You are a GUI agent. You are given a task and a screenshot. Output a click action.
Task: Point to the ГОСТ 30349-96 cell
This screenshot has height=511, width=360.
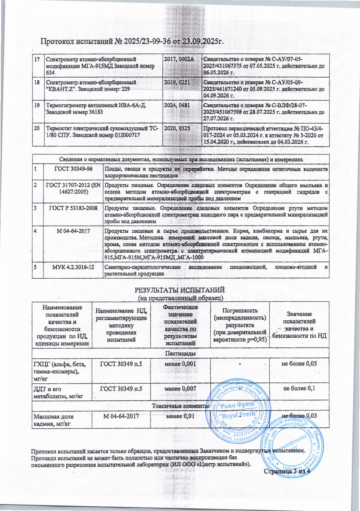73,169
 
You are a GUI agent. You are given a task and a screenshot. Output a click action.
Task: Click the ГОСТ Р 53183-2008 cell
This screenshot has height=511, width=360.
73,208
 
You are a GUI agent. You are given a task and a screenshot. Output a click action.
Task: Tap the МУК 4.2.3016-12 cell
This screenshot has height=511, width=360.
73,267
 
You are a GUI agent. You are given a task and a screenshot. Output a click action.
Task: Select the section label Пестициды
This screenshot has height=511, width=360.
180,353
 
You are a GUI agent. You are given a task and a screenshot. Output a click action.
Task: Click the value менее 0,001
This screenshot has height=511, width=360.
180,363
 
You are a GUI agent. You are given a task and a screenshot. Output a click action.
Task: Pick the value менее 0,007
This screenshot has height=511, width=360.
180,388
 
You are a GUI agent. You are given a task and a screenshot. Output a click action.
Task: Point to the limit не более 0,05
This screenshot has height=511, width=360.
299,363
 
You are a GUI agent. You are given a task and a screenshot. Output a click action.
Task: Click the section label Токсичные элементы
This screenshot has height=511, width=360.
180,406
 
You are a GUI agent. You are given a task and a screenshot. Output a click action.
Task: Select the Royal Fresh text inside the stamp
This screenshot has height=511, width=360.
237,415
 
